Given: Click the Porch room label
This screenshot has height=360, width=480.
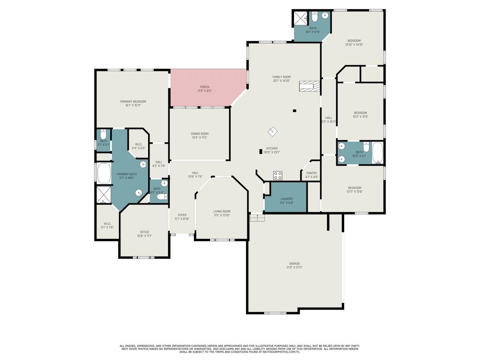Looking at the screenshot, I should [204, 87].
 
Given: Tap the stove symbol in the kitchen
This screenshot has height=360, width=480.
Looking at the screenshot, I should [278, 175].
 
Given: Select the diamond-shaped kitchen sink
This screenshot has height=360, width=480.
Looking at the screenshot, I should [272, 132].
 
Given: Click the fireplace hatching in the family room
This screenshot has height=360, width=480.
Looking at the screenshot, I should [310, 86].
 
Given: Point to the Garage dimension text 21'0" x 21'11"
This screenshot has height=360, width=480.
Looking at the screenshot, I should [294, 267].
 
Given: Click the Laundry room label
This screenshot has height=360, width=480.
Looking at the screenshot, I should [286, 199].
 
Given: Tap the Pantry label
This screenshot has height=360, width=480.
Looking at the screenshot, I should [312, 173].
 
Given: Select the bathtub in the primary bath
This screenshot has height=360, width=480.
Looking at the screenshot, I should [103, 173].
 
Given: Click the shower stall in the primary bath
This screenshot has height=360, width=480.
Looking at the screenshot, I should [103, 195].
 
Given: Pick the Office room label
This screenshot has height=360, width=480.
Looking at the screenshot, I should [144, 232].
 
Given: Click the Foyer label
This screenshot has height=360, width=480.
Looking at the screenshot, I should [182, 215].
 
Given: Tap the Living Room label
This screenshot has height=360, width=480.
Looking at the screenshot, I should [222, 211].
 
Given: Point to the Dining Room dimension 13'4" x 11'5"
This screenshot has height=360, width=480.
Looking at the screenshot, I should [199, 138].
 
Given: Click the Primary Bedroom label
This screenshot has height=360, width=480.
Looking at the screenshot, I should [133, 101].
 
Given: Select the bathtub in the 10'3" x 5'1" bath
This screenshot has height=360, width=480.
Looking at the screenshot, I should [377, 153].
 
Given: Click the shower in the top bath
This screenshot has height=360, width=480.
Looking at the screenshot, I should [300, 18].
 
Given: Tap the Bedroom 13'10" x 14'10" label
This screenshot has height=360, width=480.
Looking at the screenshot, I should [354, 40].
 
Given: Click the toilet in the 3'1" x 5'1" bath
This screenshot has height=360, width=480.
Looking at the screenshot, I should [103, 134].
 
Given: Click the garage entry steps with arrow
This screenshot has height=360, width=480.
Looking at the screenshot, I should [257, 217].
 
